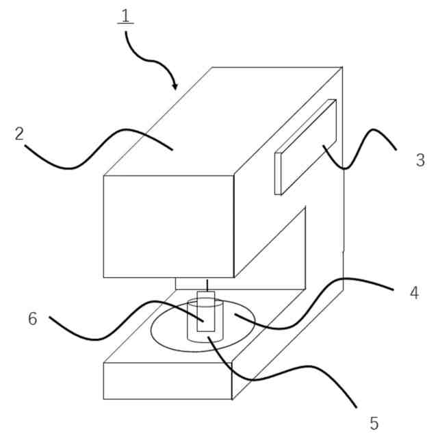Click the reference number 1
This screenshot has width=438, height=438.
[x=125, y=14]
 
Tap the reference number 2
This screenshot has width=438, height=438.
[x=19, y=134]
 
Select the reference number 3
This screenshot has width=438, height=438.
[x=420, y=161]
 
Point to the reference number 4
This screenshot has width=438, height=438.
[x=413, y=293]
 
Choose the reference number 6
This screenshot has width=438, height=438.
[x=32, y=319]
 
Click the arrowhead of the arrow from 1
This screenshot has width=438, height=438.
[x=175, y=87]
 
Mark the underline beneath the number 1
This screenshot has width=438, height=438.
[x=125, y=24]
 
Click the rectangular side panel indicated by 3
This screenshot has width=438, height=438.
[x=305, y=146]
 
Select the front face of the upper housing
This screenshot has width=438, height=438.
[x=168, y=226]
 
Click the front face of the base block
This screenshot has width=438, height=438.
[x=168, y=381]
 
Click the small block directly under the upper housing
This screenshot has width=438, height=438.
[x=188, y=283]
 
